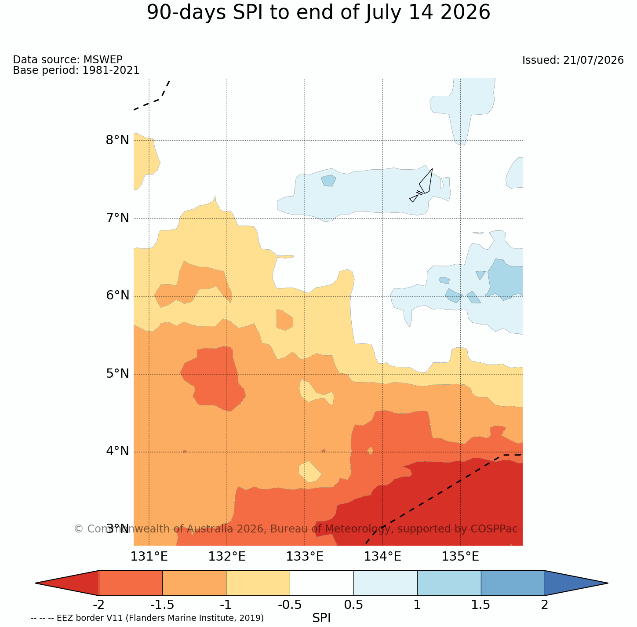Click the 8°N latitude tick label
tap(117, 140)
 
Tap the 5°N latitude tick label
tap(117, 374)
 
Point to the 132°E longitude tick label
tap(227, 557)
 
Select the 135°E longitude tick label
tap(460, 557)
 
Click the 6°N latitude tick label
tap(117, 295)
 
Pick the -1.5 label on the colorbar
tap(162, 605)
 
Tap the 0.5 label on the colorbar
tap(353, 605)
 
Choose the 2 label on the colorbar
tap(544, 605)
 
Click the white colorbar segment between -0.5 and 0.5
tap(322, 583)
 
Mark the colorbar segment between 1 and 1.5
tap(449, 583)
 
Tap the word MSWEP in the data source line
tap(103, 59)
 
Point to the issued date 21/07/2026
tap(593, 60)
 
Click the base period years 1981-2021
tap(111, 70)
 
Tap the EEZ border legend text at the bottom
tap(147, 618)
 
